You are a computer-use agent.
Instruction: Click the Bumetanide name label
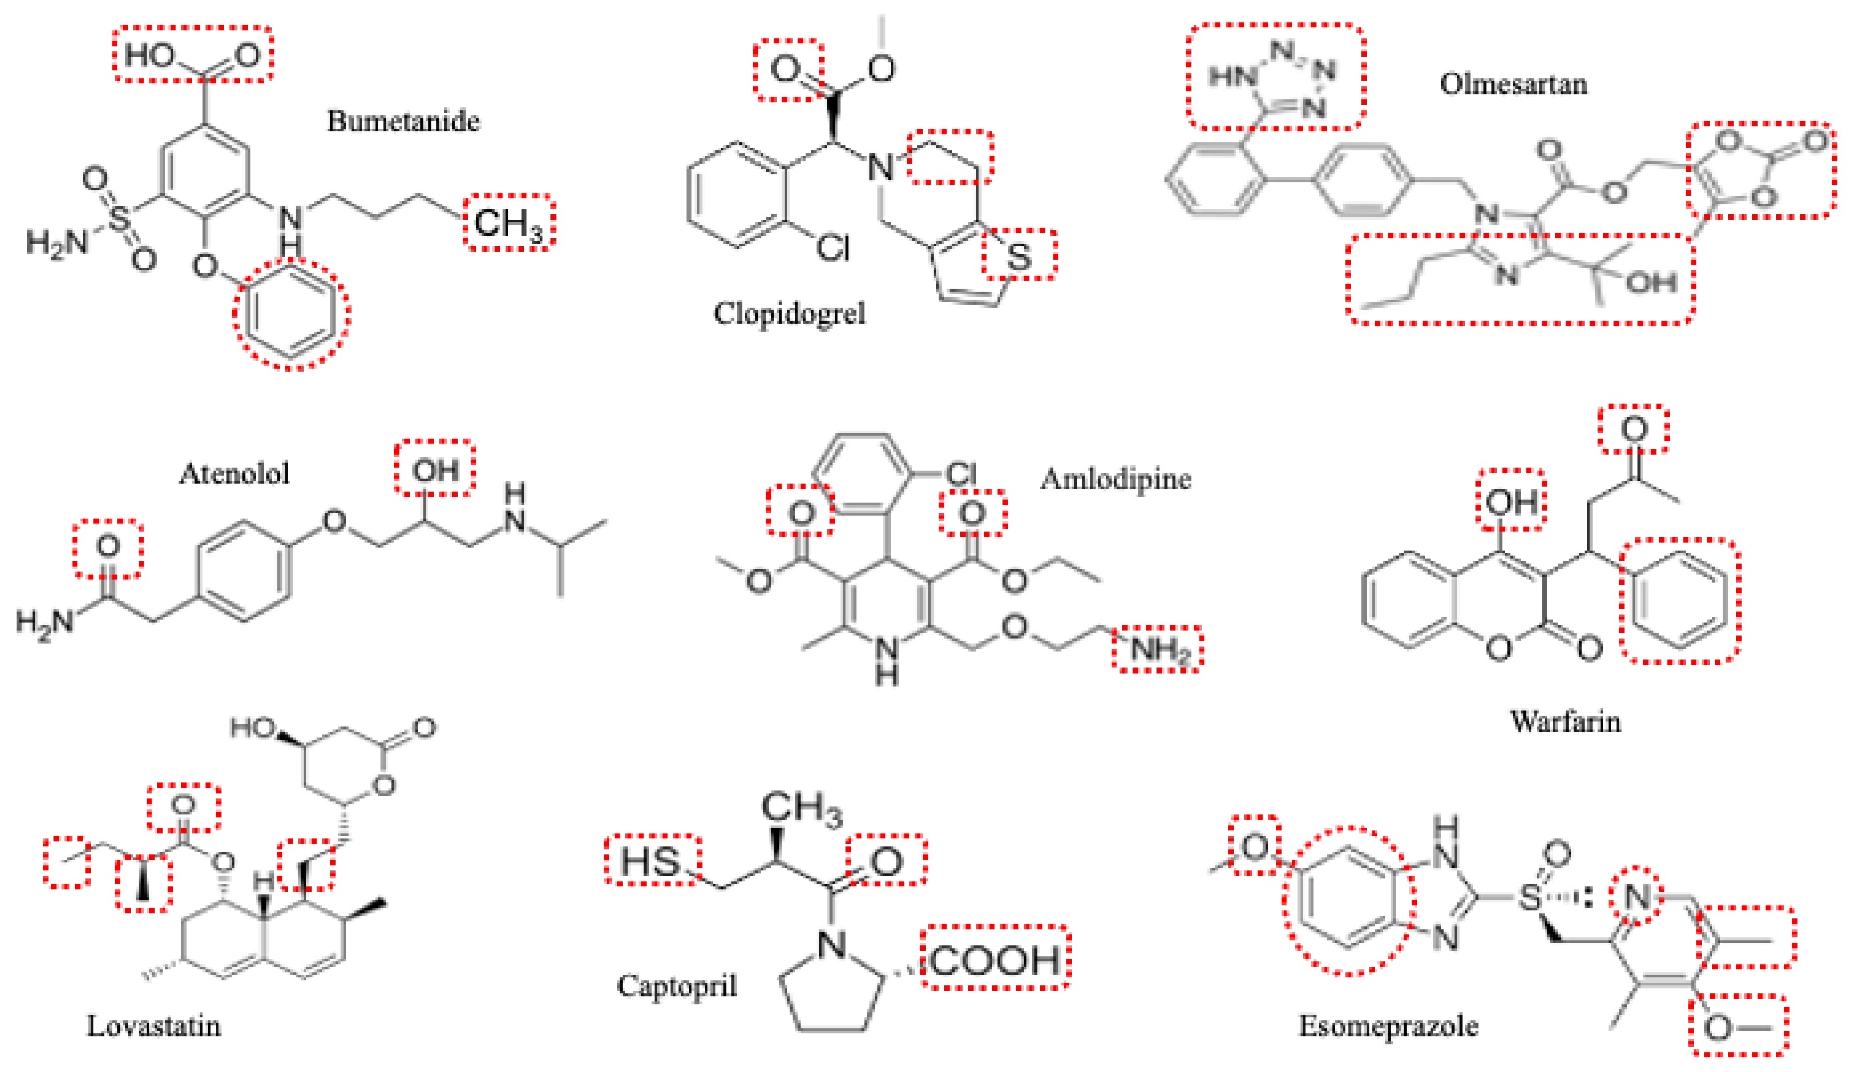(x=403, y=121)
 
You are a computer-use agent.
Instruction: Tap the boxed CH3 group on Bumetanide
(x=508, y=222)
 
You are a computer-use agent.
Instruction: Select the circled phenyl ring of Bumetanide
(x=292, y=313)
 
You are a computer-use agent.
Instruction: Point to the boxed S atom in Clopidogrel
(x=1018, y=256)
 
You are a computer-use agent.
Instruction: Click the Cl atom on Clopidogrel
(x=833, y=248)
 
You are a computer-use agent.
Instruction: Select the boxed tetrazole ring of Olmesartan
(x=1275, y=77)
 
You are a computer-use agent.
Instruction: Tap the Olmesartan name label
(x=1513, y=83)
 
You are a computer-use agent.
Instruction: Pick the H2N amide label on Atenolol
(x=45, y=622)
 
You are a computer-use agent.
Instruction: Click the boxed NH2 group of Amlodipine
(x=1157, y=649)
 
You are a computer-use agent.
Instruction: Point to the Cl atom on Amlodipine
(x=960, y=473)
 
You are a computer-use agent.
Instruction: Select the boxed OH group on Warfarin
(x=1511, y=502)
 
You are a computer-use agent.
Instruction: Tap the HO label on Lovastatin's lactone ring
(x=252, y=728)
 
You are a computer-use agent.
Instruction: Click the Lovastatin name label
(x=153, y=1025)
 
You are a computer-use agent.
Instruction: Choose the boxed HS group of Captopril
(x=650, y=860)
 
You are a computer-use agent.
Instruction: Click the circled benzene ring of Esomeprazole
(x=1349, y=901)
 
